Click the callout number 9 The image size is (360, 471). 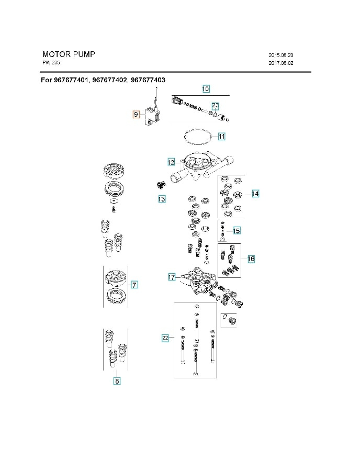click(x=136, y=114)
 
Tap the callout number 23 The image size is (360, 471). click(x=216, y=105)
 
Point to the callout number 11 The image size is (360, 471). click(x=221, y=137)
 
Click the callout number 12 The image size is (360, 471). click(x=171, y=162)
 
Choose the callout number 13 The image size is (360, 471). click(x=162, y=199)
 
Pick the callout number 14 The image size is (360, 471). click(x=255, y=194)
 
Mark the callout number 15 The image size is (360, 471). click(x=237, y=230)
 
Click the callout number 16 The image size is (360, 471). click(x=251, y=259)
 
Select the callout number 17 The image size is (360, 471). click(x=172, y=277)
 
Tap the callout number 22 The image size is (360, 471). click(x=165, y=338)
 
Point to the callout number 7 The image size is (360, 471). click(x=134, y=285)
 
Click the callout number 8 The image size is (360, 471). click(x=117, y=382)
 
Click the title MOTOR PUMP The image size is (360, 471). click(x=69, y=54)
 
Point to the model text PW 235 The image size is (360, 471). click(x=51, y=63)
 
